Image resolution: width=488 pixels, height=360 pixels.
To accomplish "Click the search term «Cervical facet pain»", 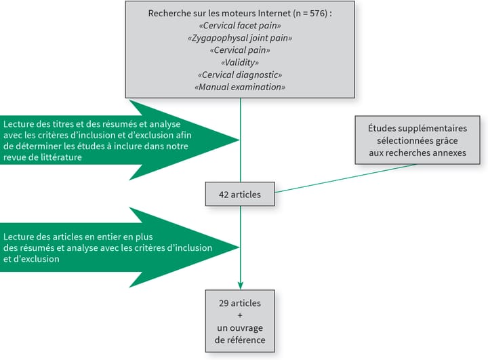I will coord(240,26).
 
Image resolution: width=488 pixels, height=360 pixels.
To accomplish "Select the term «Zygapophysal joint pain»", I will coord(240,38).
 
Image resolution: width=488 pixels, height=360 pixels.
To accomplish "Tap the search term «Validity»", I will coord(240,62).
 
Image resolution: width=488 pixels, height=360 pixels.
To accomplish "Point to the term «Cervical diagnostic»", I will coord(240,75).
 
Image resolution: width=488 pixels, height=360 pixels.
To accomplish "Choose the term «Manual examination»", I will coord(240,87).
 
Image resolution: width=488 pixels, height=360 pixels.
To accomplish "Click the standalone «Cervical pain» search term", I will coord(240,50).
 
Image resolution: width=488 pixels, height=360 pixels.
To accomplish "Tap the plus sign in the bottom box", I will coord(241,315).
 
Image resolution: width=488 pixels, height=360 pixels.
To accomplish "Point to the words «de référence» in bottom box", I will coord(241,340).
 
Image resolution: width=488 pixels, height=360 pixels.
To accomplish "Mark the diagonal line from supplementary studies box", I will coord(346,178).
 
